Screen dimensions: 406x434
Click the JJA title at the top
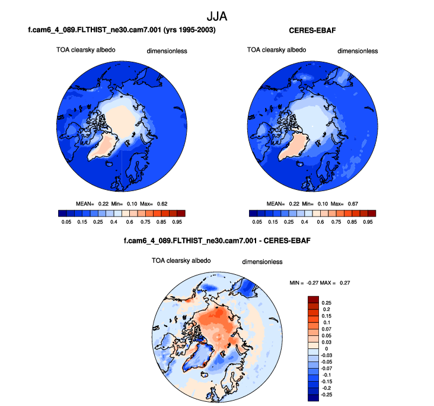216,13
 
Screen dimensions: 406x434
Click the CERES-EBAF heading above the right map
312,30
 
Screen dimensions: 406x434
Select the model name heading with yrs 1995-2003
122,30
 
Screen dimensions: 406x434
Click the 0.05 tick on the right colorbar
257,221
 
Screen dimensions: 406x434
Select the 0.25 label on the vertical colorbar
327,302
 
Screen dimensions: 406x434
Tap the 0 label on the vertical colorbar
323,348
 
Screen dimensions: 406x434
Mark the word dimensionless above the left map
167,51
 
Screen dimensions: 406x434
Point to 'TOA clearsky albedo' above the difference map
181,260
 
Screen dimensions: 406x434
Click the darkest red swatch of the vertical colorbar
314,299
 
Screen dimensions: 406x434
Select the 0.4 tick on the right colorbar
304,221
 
